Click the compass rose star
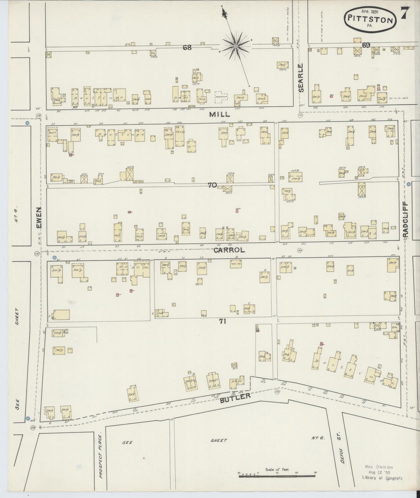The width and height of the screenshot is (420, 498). pos(236,46)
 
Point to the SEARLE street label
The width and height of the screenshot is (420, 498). pos(301,78)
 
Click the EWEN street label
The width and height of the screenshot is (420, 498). pos(39,217)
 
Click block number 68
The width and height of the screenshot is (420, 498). pos(187,47)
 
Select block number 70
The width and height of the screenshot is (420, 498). pos(212,185)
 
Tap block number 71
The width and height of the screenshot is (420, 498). pos(223,321)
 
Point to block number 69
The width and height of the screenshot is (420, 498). pos(366,45)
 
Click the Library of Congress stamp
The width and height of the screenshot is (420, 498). pos(382,472)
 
